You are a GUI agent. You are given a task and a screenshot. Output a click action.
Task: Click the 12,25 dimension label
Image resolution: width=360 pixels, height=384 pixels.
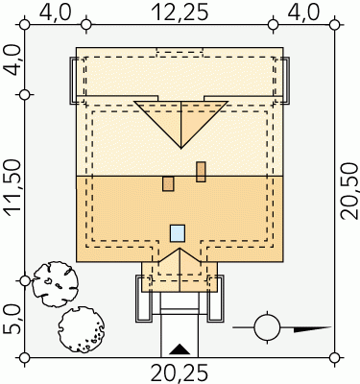pyautogui.click(x=180, y=12)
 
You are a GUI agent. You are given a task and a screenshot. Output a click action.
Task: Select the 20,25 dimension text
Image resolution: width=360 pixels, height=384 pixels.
pyautogui.click(x=180, y=372)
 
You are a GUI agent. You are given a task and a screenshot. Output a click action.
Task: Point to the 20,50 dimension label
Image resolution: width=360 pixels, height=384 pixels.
pyautogui.click(x=348, y=191)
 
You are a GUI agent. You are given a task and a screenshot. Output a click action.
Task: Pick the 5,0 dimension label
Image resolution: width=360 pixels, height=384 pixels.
pyautogui.click(x=12, y=320)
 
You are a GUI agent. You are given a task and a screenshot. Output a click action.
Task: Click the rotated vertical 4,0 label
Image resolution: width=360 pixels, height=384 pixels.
pyautogui.click(x=13, y=60)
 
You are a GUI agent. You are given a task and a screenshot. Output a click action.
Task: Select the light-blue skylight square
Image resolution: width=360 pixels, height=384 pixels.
pyautogui.click(x=178, y=233)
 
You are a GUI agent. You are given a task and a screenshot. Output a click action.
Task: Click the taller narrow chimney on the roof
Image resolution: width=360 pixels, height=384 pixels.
pyautogui.click(x=201, y=172)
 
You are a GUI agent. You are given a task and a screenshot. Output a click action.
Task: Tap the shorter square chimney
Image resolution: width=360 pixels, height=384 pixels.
pyautogui.click(x=168, y=183)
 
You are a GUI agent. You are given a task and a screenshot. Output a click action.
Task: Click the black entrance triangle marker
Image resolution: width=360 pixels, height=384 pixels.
pyautogui.click(x=180, y=349)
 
